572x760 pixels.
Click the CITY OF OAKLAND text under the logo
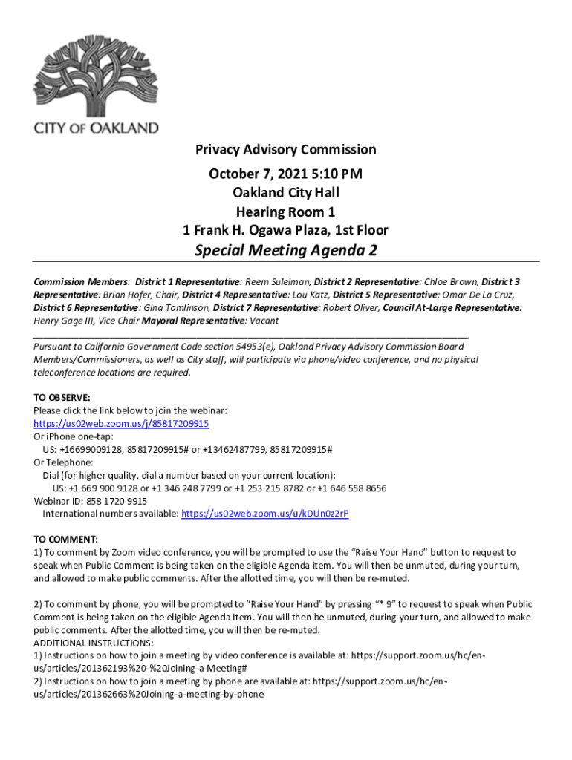pos(96,128)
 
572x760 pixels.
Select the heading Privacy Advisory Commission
pos(285,150)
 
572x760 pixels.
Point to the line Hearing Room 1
pos(285,212)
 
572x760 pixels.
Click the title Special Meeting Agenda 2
pos(285,251)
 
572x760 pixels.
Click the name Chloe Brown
pos(452,282)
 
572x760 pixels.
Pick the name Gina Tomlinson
pos(174,307)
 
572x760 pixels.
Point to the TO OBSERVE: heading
pos(62,397)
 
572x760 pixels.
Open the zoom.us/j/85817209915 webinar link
pos(121,424)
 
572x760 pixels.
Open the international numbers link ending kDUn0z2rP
pos(265,514)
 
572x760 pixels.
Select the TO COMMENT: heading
pos(65,540)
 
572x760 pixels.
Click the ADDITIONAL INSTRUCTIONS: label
pos(94,643)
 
